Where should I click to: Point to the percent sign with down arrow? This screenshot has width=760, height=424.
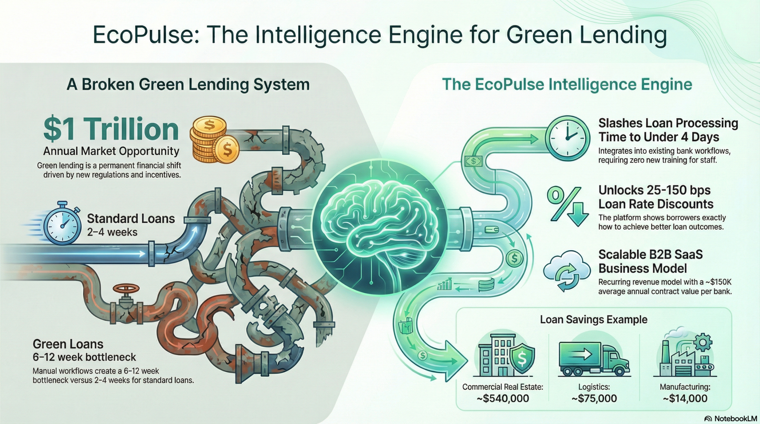point(565,206)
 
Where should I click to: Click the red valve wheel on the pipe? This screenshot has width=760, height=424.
point(126,290)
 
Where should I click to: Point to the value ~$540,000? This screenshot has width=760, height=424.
point(503,399)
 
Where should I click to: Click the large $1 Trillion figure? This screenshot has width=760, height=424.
point(111,129)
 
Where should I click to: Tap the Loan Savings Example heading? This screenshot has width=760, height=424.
point(593,320)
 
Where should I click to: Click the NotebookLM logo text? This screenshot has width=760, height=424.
point(735,418)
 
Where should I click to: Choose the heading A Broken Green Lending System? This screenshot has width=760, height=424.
point(188,85)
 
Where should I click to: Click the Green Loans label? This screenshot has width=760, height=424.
point(68,344)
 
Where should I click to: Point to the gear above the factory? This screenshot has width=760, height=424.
point(703,341)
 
